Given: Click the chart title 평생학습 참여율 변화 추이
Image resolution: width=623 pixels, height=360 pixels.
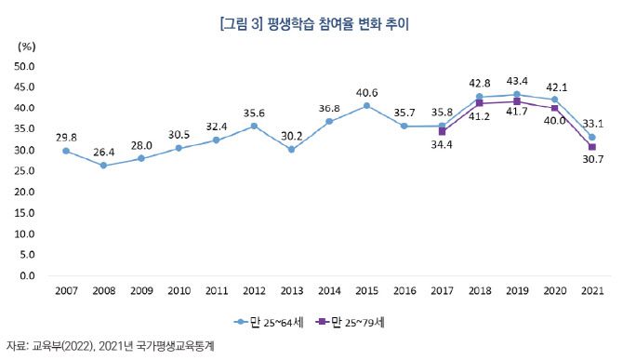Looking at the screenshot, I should pos(311,25).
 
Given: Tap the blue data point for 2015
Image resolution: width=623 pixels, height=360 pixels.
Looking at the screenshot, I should pos(366,106).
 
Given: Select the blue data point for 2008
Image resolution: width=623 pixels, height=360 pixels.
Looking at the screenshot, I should pos(103,166).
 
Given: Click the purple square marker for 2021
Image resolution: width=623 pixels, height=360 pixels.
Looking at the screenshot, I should pos(591,147).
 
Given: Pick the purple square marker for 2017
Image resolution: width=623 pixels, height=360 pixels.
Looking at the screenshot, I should pos(442,132).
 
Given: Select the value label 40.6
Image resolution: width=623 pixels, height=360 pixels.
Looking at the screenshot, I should pos(366,92).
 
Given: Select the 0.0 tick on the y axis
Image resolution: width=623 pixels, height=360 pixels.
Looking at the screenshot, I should pos(25,276).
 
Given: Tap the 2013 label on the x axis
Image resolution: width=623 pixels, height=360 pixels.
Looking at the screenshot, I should pos(291,293).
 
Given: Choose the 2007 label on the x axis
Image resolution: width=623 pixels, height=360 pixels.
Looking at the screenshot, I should pos(66,293).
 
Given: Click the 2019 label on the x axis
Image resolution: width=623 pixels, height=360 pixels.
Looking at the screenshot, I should pos(516,293).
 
